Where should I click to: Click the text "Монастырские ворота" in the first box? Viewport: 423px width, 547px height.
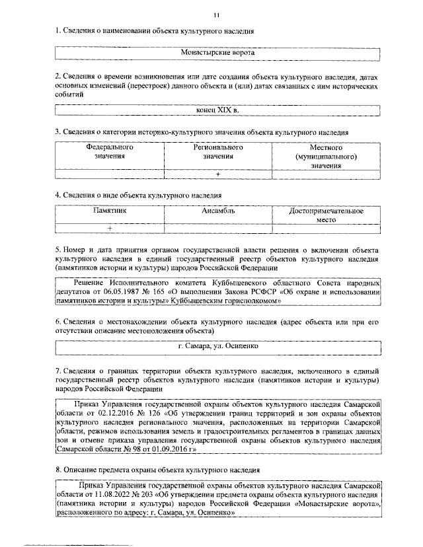point(217,52)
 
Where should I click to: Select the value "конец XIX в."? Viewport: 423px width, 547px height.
point(217,110)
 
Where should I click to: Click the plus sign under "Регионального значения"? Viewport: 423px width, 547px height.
point(217,174)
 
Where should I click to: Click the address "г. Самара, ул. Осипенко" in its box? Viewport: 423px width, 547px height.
point(217,345)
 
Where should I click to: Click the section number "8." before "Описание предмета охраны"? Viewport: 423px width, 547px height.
point(58,469)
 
